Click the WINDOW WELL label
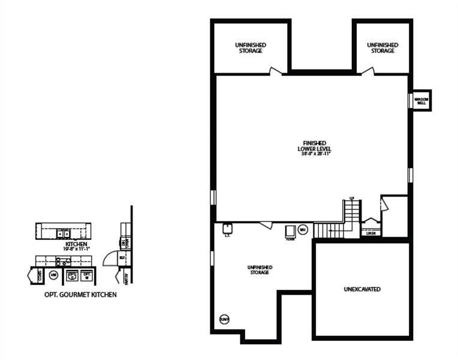[x=421, y=100]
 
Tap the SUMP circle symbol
[x=225, y=319]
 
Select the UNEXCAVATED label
[x=362, y=289]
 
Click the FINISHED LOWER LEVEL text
[x=315, y=145]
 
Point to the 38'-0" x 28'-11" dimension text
[x=315, y=154]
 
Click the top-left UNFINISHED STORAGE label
[x=250, y=48]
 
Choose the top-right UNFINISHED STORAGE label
[x=382, y=48]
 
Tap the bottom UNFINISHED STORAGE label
[x=260, y=269]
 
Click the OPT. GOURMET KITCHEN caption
[x=80, y=295]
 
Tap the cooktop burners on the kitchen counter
[x=62, y=262]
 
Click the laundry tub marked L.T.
[x=228, y=228]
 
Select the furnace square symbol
[x=290, y=231]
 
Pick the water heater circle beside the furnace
[x=303, y=229]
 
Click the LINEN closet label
[x=370, y=233]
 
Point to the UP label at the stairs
[x=351, y=199]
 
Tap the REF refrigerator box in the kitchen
[x=122, y=258]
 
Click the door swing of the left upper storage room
[x=276, y=71]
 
